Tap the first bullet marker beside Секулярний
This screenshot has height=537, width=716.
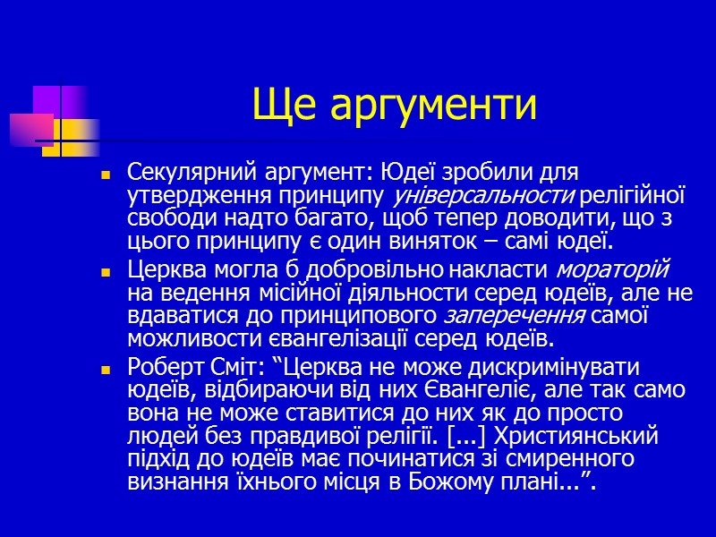point(106,174)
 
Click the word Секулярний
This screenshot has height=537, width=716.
point(186,170)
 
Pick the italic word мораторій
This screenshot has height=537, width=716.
point(614,268)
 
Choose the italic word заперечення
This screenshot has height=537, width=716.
point(514,316)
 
